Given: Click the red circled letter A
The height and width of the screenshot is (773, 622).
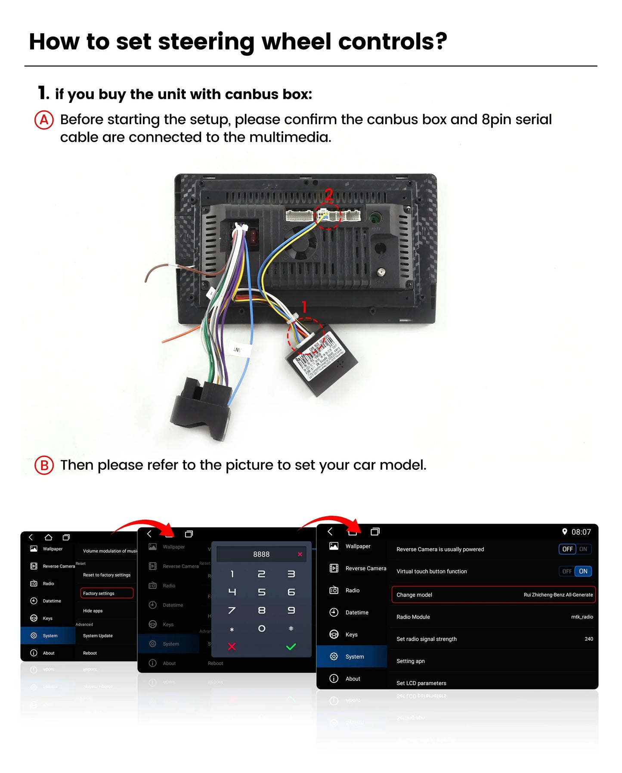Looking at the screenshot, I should (x=44, y=120).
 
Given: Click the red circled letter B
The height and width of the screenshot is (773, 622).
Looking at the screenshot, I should (x=44, y=466).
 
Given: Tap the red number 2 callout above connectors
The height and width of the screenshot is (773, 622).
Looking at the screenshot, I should (x=328, y=195).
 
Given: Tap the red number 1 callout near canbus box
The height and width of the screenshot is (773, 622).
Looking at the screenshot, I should (x=304, y=307).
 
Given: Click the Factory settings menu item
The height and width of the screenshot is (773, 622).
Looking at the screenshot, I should (x=106, y=593).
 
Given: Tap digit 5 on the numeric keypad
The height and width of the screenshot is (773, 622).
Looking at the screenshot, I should (x=261, y=592).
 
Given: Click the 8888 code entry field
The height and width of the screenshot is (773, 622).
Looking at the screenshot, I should (x=261, y=554).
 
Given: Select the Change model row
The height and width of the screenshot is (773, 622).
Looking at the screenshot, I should (x=493, y=595).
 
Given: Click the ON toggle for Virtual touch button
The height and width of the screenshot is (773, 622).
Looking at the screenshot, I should (x=583, y=571).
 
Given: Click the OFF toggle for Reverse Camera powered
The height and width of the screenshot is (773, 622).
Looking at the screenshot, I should (x=567, y=549).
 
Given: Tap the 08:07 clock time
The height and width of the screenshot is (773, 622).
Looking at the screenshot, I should (x=581, y=532).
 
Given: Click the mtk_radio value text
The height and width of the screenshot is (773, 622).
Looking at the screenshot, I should (x=582, y=617).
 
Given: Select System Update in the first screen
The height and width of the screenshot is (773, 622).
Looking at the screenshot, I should (x=98, y=636).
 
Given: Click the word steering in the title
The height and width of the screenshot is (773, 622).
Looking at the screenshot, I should (x=206, y=42).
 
